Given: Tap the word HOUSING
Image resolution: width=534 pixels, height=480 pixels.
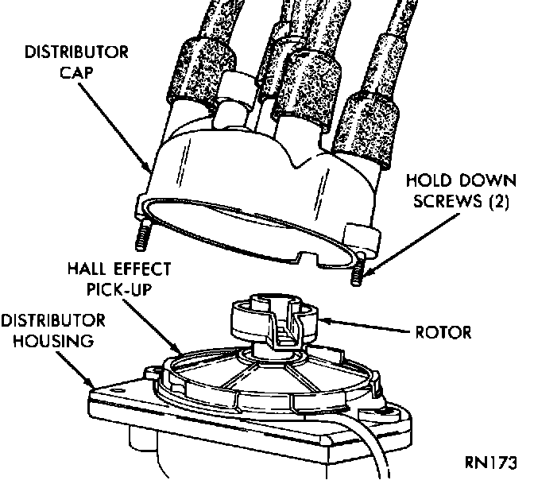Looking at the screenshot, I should [47, 341].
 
